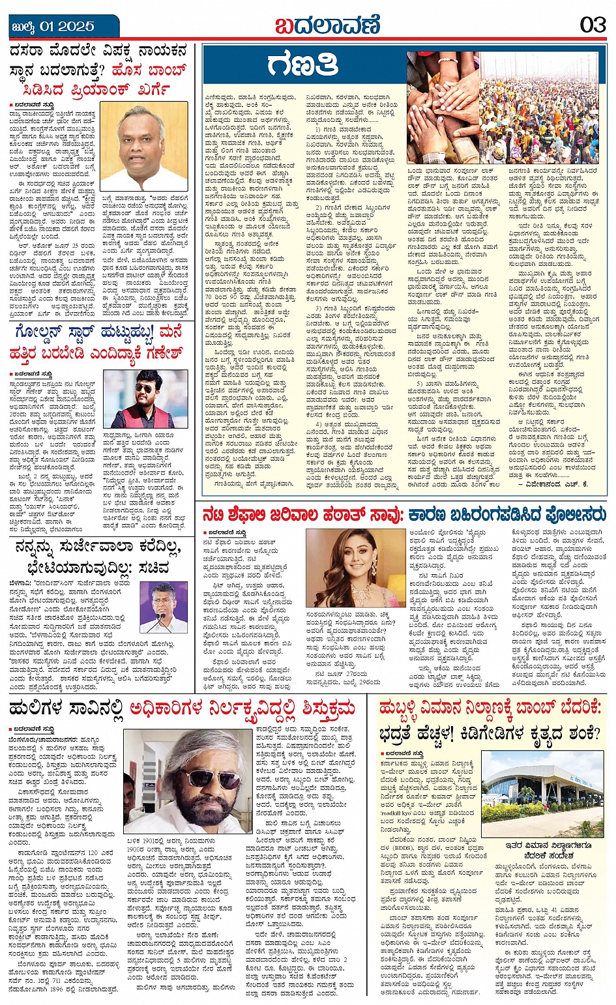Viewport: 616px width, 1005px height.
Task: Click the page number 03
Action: click(593, 25)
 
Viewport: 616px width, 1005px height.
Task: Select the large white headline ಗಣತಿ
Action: click(302, 66)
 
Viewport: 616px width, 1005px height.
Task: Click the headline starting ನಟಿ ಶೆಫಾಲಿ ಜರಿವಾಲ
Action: click(403, 514)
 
